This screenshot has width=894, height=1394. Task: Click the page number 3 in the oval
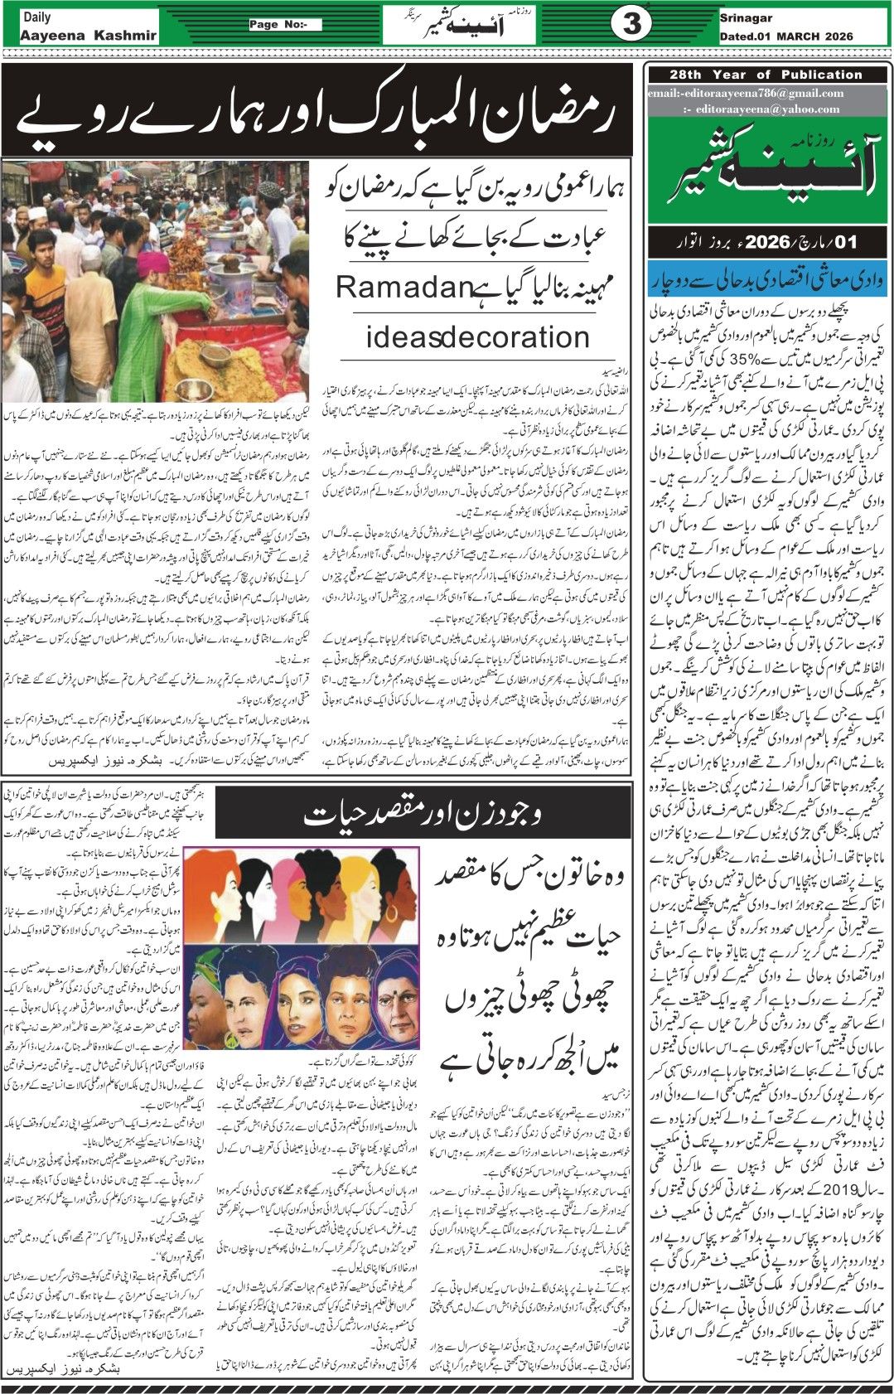[x=631, y=24]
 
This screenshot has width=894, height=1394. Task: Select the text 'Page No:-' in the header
[x=285, y=24]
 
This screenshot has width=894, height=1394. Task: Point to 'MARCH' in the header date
[x=800, y=36]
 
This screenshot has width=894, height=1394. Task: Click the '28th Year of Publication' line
[x=766, y=75]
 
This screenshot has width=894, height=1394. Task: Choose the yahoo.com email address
[x=768, y=109]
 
